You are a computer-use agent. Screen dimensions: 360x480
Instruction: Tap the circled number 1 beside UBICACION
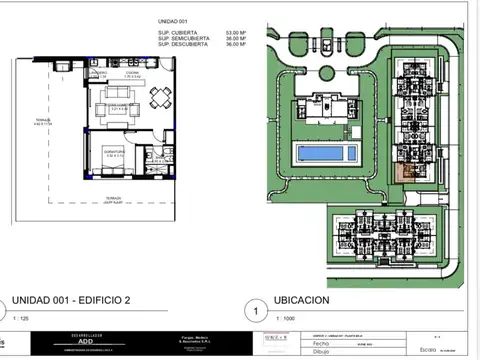(257, 312)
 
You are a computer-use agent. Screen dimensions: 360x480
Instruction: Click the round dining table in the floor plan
(160, 97)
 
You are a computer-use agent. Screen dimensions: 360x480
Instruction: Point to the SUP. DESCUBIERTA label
(183, 44)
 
